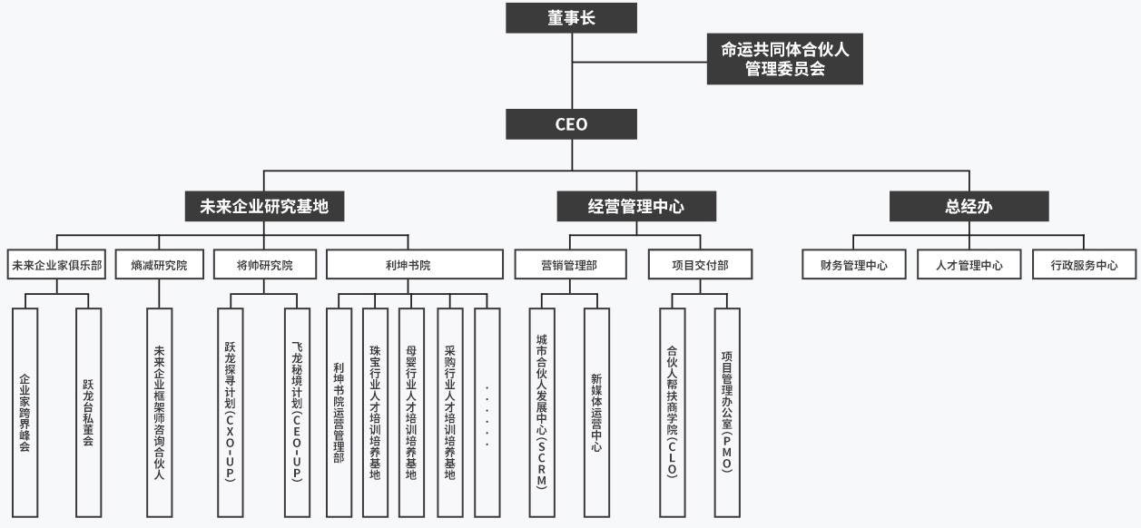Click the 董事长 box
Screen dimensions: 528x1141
pos(571,17)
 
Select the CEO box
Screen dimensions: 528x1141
pos(571,124)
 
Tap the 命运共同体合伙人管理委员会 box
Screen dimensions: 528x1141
pos(784,59)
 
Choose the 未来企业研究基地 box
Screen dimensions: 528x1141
pos(263,206)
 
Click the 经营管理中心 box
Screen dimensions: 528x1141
pos(634,206)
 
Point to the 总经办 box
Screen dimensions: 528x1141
pos(968,206)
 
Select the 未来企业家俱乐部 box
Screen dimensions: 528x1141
pos(56,265)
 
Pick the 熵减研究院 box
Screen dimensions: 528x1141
pos(159,265)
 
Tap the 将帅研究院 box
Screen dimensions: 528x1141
pos(264,265)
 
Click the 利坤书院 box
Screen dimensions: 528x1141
pos(414,265)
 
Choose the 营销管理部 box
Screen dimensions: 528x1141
pos(570,265)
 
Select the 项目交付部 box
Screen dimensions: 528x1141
pos(699,265)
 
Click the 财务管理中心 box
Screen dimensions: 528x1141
pos(853,265)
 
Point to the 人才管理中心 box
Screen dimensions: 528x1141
pos(969,265)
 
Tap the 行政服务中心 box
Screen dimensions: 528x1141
pos(1084,265)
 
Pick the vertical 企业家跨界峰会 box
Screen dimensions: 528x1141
pos(25,413)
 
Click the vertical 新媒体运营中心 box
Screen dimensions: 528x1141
pos(596,413)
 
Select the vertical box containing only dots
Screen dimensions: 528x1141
pos(487,413)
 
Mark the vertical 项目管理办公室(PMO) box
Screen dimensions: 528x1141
pos(727,413)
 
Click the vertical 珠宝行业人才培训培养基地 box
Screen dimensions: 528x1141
pos(375,413)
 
